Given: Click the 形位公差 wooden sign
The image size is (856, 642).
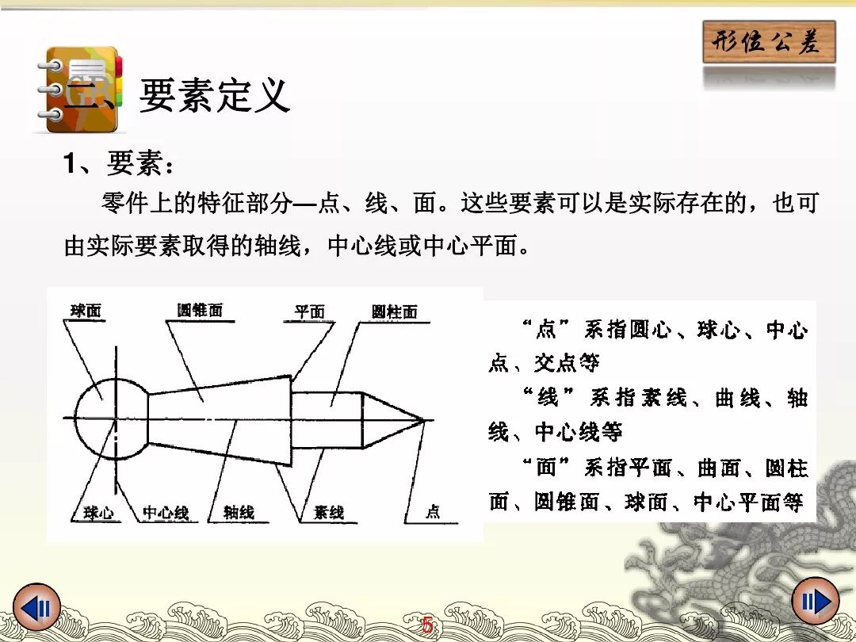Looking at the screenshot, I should [x=769, y=42].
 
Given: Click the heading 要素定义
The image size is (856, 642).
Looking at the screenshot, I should [x=215, y=95].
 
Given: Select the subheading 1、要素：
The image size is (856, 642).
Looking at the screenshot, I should [x=118, y=165].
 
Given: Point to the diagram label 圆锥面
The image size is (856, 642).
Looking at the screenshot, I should [x=200, y=310].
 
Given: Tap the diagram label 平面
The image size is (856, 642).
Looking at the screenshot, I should [x=309, y=311].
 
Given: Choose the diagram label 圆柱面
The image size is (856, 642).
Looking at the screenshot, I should [x=394, y=311].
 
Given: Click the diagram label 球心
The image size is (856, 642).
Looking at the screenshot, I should [x=98, y=513].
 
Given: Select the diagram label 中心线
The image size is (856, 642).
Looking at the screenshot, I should [x=166, y=513].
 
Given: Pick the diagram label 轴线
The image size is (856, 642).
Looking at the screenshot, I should [x=239, y=513].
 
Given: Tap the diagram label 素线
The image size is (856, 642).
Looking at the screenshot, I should [x=328, y=513].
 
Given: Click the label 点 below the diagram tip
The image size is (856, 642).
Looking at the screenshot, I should [x=432, y=512].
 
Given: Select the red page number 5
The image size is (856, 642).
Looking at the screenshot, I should [x=428, y=625].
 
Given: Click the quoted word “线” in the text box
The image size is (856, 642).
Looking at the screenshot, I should [x=547, y=396].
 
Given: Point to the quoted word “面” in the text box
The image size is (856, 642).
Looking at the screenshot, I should [x=547, y=467].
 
